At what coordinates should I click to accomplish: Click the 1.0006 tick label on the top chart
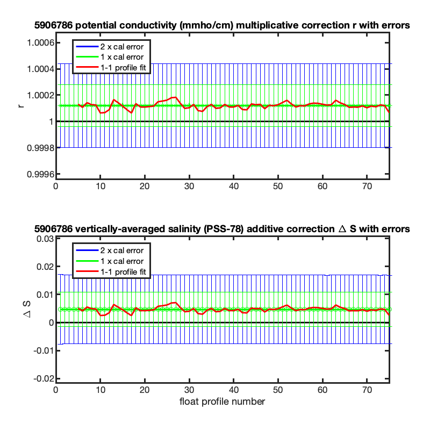(x=40, y=43)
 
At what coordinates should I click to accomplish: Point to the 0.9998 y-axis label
(x=40, y=148)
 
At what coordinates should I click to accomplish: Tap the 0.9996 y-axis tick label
(x=40, y=174)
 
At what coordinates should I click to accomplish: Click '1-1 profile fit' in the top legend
(x=123, y=68)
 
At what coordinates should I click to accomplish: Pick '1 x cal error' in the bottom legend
(x=122, y=261)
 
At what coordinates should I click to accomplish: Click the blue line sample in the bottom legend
(x=87, y=250)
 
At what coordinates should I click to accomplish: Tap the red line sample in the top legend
(x=87, y=67)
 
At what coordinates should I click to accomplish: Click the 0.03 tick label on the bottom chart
(x=45, y=239)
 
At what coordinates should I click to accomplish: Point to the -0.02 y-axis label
(x=44, y=379)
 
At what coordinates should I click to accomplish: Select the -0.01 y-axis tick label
(x=44, y=350)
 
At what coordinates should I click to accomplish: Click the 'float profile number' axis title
(x=222, y=402)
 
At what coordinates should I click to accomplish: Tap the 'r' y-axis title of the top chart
(x=21, y=106)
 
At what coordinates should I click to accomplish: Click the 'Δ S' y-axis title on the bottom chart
(x=26, y=310)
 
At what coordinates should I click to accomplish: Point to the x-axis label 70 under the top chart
(x=367, y=187)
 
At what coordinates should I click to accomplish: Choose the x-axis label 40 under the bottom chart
(x=233, y=390)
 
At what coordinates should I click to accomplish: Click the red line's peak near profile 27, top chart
(x=176, y=97)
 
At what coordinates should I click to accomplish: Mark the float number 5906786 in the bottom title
(x=53, y=229)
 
